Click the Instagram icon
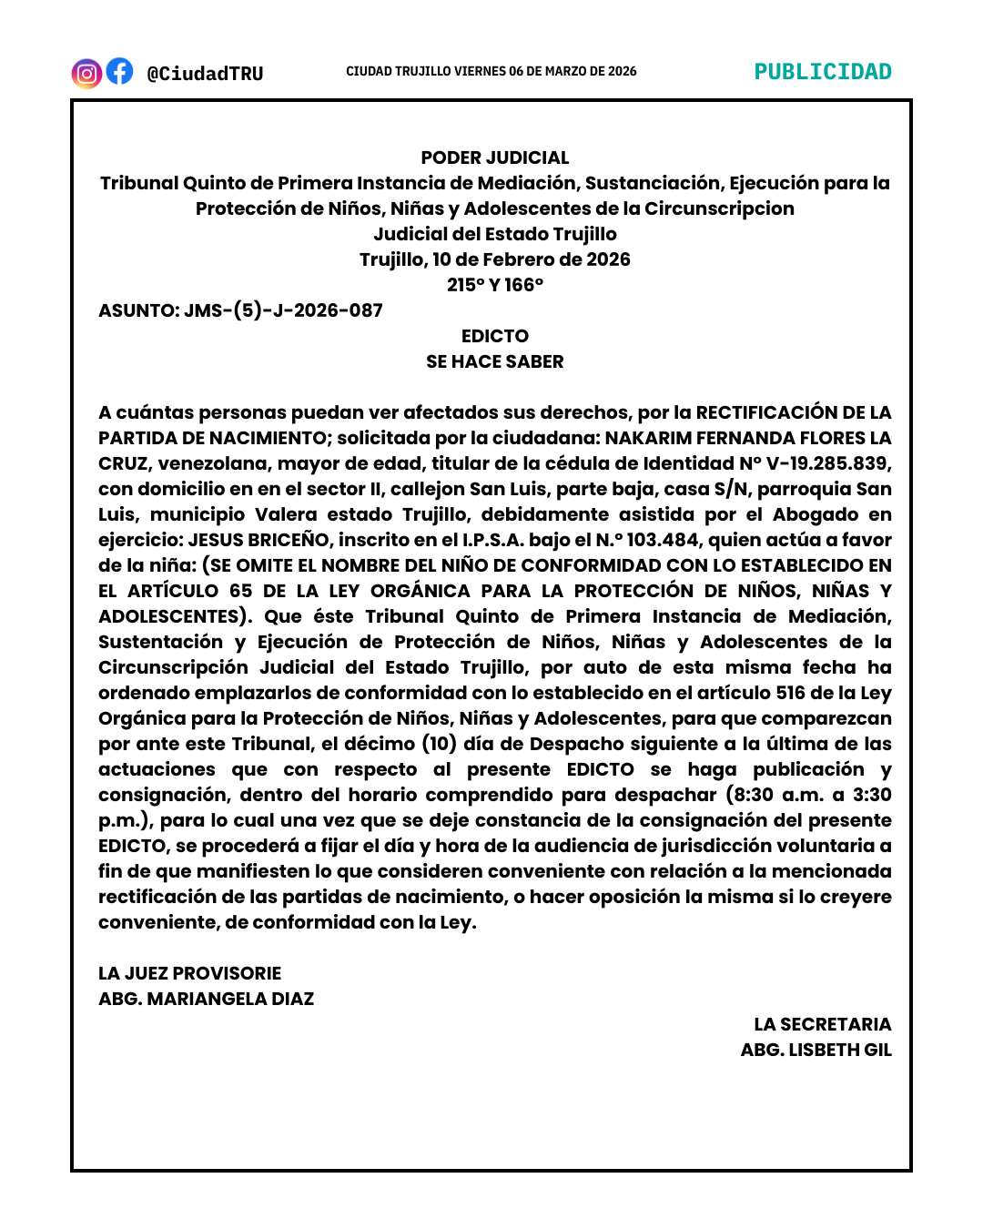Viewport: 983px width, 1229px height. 86,73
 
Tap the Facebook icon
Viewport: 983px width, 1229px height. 119,71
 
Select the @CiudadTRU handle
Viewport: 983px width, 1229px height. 205,74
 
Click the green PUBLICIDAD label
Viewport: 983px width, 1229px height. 823,72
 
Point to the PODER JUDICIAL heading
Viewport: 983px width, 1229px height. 494,157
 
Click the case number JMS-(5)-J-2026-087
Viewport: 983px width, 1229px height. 283,310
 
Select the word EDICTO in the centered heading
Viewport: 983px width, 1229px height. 494,336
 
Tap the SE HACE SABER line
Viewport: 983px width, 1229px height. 494,361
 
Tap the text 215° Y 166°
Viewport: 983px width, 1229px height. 494,285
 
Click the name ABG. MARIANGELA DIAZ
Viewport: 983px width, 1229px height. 206,999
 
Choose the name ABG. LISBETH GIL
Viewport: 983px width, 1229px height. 816,1050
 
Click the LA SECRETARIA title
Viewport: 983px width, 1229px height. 822,1024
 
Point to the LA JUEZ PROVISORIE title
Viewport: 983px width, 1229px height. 189,973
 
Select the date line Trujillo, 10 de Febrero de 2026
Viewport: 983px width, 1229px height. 494,259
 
